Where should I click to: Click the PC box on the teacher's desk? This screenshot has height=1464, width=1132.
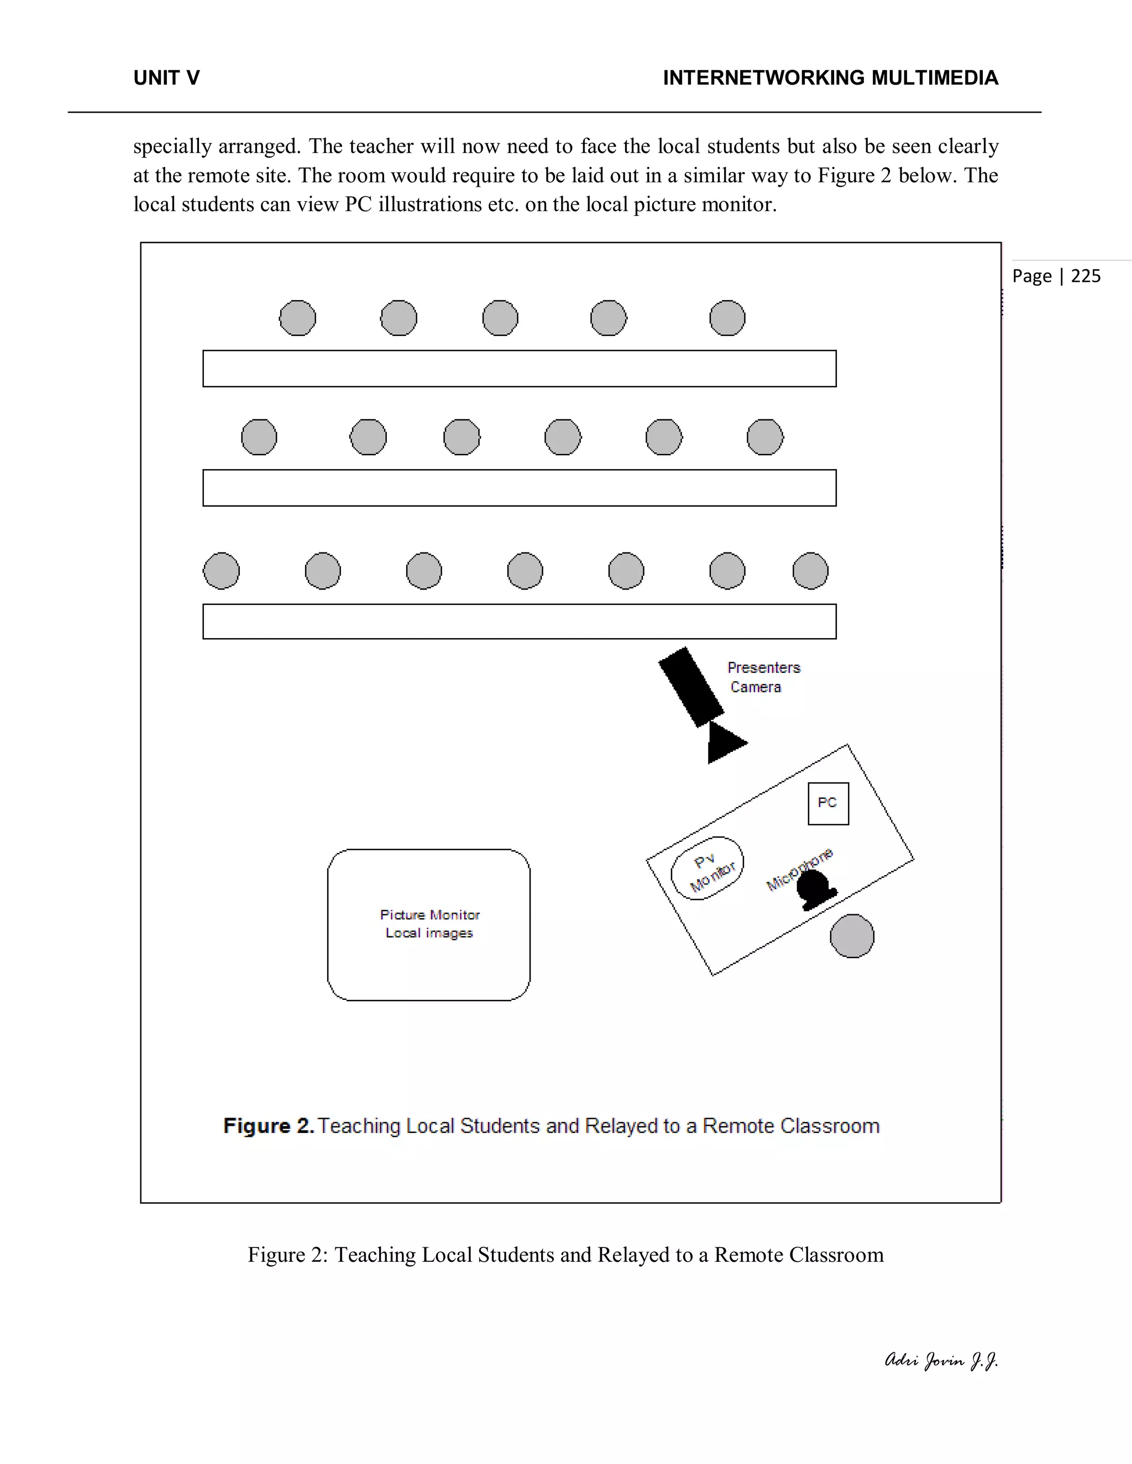[x=828, y=803]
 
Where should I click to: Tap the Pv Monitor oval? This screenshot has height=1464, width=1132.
[x=707, y=868]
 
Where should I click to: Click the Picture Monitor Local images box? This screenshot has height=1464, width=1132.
[x=428, y=924]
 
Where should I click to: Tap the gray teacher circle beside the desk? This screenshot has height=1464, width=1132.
[x=852, y=936]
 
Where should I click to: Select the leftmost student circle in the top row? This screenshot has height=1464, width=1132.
[x=297, y=318]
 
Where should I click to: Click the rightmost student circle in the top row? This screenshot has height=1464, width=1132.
[x=727, y=318]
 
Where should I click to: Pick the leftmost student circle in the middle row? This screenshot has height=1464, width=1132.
[x=259, y=437]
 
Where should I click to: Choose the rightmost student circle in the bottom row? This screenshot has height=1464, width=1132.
[x=810, y=571]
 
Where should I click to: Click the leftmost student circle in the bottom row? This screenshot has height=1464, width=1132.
[x=221, y=571]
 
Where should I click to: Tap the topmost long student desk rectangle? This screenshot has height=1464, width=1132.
[x=519, y=368]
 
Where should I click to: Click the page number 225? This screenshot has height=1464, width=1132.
[x=1086, y=276]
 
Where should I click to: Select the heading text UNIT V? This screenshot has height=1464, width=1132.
[x=166, y=78]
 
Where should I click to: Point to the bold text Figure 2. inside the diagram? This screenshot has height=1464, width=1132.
[x=268, y=1125]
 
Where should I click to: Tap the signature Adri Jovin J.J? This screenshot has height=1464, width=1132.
[x=941, y=1360]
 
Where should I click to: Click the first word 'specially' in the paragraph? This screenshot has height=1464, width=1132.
[x=172, y=146]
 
